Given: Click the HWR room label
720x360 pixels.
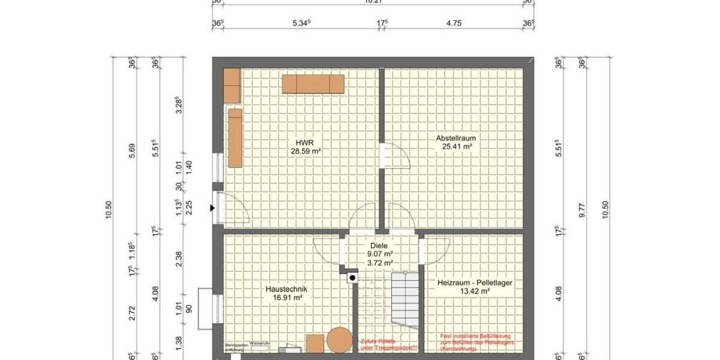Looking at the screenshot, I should click(305, 142).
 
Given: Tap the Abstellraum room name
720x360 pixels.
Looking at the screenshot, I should click(455, 138).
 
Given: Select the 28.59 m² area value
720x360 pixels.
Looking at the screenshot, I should click(305, 152).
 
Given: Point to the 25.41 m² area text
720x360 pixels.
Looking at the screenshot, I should click(455, 146).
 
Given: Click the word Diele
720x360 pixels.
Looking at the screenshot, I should click(379, 245).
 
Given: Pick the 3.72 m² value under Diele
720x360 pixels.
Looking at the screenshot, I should click(379, 262).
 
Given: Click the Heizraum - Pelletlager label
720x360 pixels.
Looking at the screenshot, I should click(470, 282).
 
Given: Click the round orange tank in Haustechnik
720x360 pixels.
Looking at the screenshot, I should click(340, 340).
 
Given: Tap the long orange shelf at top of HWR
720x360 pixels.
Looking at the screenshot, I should click(313, 84).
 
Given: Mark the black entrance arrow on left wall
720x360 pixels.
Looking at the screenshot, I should click(212, 208).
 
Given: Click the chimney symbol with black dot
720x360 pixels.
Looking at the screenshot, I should click(352, 277).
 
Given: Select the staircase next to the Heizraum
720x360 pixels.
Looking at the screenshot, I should click(404, 300).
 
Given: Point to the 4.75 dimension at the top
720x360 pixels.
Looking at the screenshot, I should click(454, 24).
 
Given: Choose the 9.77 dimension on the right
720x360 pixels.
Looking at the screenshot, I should click(581, 213).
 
